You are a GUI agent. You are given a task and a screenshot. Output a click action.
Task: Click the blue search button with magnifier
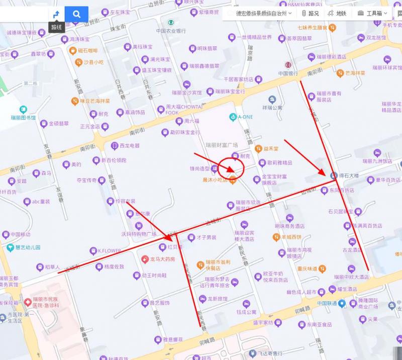click(x=76, y=14)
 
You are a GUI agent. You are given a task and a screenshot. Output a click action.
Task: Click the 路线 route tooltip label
click(x=56, y=27)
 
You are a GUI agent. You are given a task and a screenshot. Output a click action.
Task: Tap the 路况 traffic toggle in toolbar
click(x=310, y=14)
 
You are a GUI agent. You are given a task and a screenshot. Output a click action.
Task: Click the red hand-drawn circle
click(x=233, y=168)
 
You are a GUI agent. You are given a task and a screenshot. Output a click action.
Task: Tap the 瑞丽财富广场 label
click(x=222, y=145)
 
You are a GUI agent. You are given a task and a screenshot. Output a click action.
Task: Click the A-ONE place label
click(x=245, y=117)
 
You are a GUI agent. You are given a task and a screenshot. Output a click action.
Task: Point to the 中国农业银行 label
click(x=171, y=31)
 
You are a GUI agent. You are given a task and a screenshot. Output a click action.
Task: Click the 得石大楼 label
click(x=348, y=175)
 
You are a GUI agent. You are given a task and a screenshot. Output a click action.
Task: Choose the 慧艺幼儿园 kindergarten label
click(x=28, y=247)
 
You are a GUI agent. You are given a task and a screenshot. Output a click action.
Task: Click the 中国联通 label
click(x=327, y=304)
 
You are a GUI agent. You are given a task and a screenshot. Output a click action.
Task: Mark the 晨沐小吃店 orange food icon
click(x=233, y=180)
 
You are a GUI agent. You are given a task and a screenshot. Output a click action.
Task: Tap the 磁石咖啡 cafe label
click(x=87, y=50)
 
